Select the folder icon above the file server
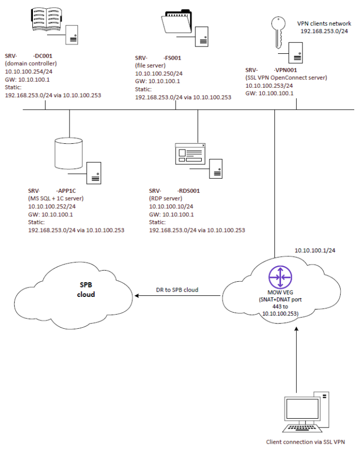(x=176, y=22)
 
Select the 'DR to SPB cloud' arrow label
(x=177, y=290)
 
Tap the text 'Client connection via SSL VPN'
(x=305, y=441)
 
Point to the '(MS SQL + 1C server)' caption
(x=56, y=199)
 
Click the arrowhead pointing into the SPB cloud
(x=138, y=296)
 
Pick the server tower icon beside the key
(x=297, y=52)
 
